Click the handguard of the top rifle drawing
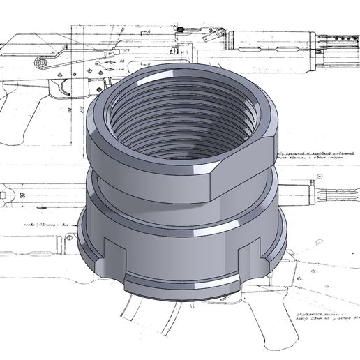265,42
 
